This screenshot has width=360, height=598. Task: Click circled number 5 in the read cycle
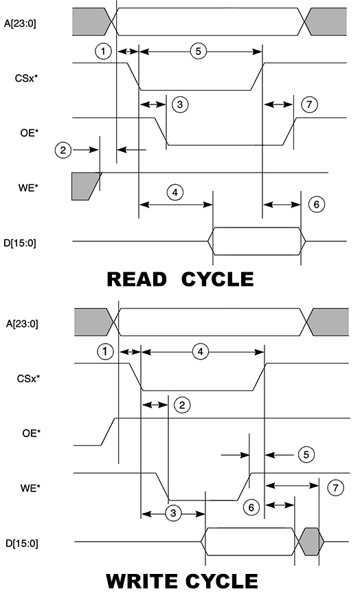click(x=198, y=51)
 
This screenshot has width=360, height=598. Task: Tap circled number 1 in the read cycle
click(x=103, y=51)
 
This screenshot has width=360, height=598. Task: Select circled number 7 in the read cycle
click(x=309, y=104)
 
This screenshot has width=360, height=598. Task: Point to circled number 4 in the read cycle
click(x=175, y=192)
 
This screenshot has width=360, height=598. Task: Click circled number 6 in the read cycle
click(x=317, y=204)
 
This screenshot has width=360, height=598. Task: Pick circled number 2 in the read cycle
click(x=63, y=150)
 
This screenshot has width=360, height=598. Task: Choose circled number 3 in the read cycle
click(x=180, y=104)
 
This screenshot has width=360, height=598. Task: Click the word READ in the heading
click(x=137, y=279)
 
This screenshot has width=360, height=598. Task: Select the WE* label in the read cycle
click(x=29, y=188)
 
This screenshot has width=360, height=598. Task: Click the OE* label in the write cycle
click(x=31, y=433)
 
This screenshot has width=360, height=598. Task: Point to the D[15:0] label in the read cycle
click(x=20, y=243)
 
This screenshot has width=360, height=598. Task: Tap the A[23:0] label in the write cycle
click(x=22, y=324)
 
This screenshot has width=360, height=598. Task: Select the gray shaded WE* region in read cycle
click(x=85, y=186)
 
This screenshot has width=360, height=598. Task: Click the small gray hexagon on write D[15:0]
click(x=311, y=542)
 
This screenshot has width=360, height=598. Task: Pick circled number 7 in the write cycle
click(x=335, y=488)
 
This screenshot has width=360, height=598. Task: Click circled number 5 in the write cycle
click(x=306, y=454)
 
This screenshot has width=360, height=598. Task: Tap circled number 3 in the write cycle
click(x=174, y=513)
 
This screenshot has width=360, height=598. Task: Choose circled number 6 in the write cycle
click(x=251, y=507)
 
